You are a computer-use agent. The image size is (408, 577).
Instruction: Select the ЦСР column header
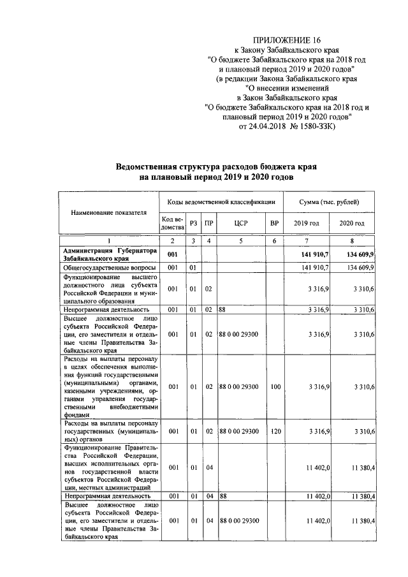tap(241, 224)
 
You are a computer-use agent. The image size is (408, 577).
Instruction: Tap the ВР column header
tap(275, 224)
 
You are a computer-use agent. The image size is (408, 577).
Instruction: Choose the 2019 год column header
tap(306, 224)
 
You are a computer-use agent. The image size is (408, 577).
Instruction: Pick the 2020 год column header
tap(352, 224)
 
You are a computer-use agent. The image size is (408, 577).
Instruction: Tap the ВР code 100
tap(275, 386)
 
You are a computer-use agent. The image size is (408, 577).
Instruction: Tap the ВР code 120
tap(275, 432)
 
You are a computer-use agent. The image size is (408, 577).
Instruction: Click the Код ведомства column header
tap(171, 224)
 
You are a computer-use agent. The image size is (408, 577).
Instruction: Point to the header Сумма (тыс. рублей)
tap(329, 201)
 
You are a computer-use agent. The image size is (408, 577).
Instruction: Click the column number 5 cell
tap(241, 241)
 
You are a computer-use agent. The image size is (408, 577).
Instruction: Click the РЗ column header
tap(193, 224)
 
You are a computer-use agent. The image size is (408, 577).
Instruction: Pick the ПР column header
tap(208, 224)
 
